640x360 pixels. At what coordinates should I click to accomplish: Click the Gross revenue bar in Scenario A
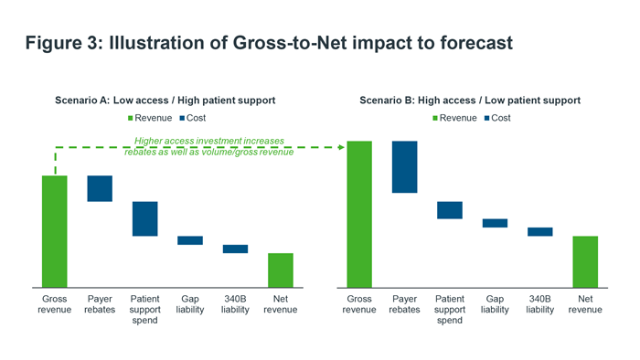pyautogui.click(x=54, y=230)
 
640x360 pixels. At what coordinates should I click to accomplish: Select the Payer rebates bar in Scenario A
pyautogui.click(x=100, y=188)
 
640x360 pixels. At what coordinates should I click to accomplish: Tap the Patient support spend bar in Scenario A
pyautogui.click(x=145, y=218)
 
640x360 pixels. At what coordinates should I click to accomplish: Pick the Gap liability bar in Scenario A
pyautogui.click(x=190, y=240)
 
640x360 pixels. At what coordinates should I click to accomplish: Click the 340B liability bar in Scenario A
pyautogui.click(x=236, y=249)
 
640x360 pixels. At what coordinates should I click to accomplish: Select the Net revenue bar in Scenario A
pyautogui.click(x=281, y=270)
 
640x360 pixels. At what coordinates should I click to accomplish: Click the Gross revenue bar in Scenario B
pyautogui.click(x=359, y=213)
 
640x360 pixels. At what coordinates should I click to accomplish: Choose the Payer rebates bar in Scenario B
pyautogui.click(x=404, y=167)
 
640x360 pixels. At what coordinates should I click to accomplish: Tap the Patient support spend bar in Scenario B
pyautogui.click(x=450, y=210)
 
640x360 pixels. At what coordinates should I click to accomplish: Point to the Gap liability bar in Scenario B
pyautogui.click(x=495, y=223)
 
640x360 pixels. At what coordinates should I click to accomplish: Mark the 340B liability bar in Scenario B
pyautogui.click(x=540, y=232)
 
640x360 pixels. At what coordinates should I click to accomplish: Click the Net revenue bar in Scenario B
pyautogui.click(x=585, y=261)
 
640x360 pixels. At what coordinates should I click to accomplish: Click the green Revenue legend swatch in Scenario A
pyautogui.click(x=131, y=118)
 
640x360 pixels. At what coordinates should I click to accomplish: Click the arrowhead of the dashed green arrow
pyautogui.click(x=340, y=146)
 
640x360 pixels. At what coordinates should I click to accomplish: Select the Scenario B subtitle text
pyautogui.click(x=470, y=100)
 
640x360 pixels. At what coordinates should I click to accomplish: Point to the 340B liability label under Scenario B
pyautogui.click(x=540, y=304)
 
